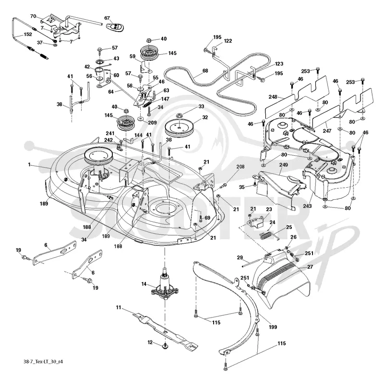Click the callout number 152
coord(28,34)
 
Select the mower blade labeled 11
coord(165,331)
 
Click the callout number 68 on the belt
coord(205,71)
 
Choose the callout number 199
coord(273,327)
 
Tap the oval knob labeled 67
coord(116,27)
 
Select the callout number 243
coord(307,206)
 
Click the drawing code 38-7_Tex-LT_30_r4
coord(43,362)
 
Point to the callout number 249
coord(284,165)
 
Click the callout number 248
coord(273,97)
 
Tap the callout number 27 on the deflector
coord(310,267)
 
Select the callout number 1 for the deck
coord(29,164)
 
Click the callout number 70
coord(33,16)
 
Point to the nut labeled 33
coord(178,115)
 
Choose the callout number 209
coord(153,123)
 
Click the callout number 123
coord(279,64)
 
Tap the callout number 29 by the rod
coord(240,258)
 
